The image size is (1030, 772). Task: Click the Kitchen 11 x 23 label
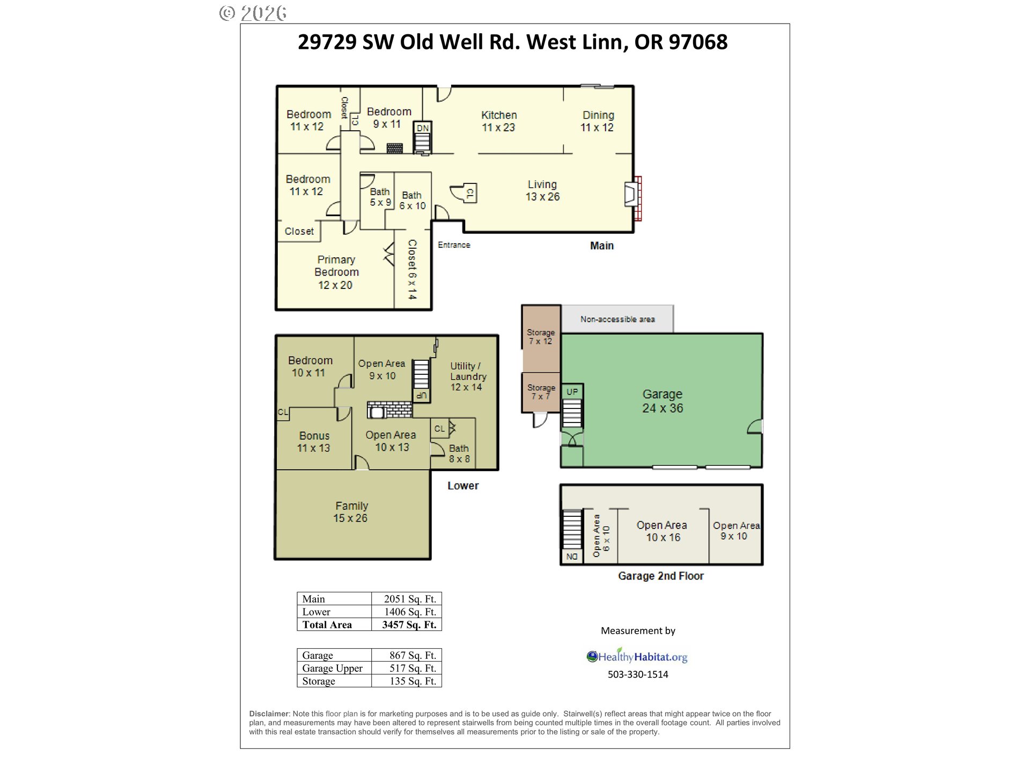pyautogui.click(x=498, y=121)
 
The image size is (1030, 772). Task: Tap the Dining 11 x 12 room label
pyautogui.click(x=597, y=121)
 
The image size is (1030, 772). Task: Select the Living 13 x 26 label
pyautogui.click(x=542, y=190)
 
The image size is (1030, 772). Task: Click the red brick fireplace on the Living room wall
pyautogui.click(x=637, y=198)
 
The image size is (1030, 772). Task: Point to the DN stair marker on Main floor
pyautogui.click(x=423, y=128)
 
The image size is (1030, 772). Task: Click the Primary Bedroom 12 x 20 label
pyautogui.click(x=336, y=272)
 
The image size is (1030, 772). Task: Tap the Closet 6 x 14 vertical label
pyautogui.click(x=412, y=269)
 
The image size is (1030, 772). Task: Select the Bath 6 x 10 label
pyautogui.click(x=412, y=201)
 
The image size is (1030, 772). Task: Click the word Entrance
pyautogui.click(x=454, y=245)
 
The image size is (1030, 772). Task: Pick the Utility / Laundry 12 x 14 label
pyautogui.click(x=467, y=376)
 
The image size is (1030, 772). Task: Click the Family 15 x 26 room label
pyautogui.click(x=351, y=512)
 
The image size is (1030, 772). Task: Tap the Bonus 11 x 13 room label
pyautogui.click(x=314, y=442)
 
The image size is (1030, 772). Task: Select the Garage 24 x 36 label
pyautogui.click(x=663, y=401)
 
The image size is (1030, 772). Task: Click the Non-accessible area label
pyautogui.click(x=617, y=320)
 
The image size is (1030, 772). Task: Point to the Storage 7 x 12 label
pyautogui.click(x=540, y=337)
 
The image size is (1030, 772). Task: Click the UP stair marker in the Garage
pyautogui.click(x=572, y=392)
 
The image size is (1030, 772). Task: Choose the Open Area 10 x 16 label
pyautogui.click(x=662, y=531)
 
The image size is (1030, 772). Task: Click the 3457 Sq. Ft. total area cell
pyautogui.click(x=409, y=625)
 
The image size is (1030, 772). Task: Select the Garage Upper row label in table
pyautogui.click(x=332, y=668)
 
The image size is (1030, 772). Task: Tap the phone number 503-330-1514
pyautogui.click(x=638, y=674)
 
